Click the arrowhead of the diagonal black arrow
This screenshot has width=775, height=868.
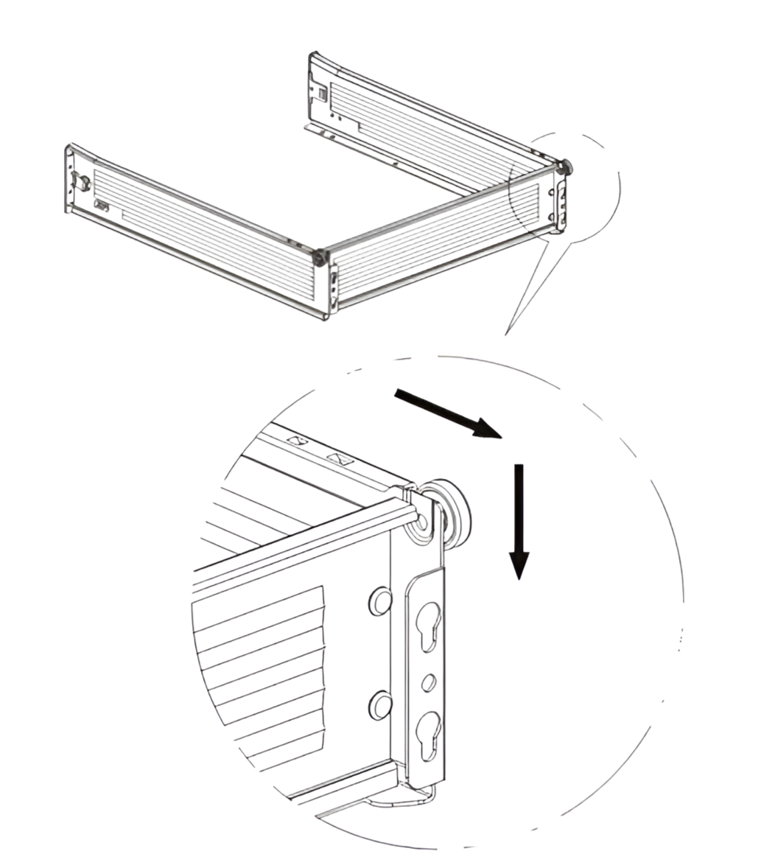(x=487, y=428)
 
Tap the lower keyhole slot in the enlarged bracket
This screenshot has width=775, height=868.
(x=428, y=734)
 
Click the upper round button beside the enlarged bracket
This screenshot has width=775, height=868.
(x=379, y=601)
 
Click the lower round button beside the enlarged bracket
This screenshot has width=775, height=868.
(x=379, y=705)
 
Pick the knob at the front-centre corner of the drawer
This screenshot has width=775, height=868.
(x=319, y=258)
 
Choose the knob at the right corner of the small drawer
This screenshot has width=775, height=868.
(x=566, y=167)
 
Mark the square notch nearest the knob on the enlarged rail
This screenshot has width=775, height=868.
(x=341, y=459)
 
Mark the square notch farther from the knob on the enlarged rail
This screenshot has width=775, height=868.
(x=297, y=441)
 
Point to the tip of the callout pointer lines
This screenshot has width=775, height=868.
(x=506, y=334)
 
